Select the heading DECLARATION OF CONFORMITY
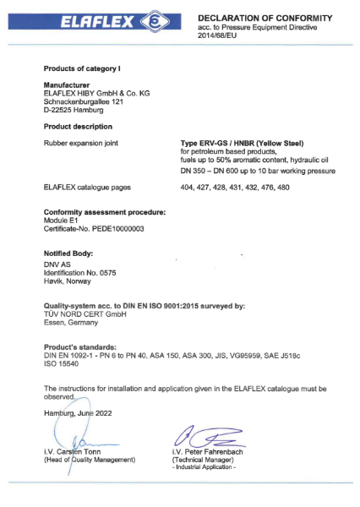(x=265, y=18)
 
